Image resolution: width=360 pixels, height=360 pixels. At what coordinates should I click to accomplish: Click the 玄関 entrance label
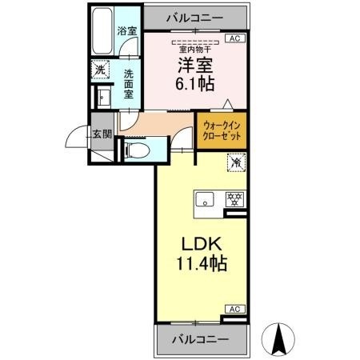coord(100,135)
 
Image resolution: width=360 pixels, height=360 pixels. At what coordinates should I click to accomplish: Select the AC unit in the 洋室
coord(235,38)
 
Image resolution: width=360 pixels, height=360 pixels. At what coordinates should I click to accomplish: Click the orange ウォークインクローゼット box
coord(220,130)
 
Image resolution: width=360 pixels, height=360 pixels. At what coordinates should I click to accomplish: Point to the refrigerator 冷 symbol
coord(235,162)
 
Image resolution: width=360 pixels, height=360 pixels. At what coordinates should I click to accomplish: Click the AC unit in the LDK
coord(235,309)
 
